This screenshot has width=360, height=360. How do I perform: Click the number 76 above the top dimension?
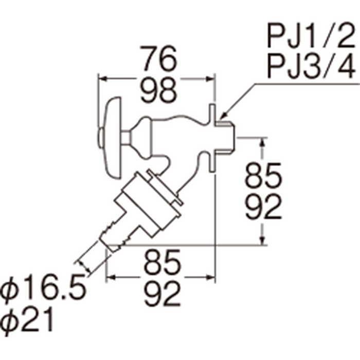159,59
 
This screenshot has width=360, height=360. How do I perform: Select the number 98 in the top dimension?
159,90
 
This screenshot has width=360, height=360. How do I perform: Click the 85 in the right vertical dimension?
263,175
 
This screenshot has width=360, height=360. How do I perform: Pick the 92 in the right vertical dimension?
263,207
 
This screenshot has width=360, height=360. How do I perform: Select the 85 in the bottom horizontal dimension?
163,262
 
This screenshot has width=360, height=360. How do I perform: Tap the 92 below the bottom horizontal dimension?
163,294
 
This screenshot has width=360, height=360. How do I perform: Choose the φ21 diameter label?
28,320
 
